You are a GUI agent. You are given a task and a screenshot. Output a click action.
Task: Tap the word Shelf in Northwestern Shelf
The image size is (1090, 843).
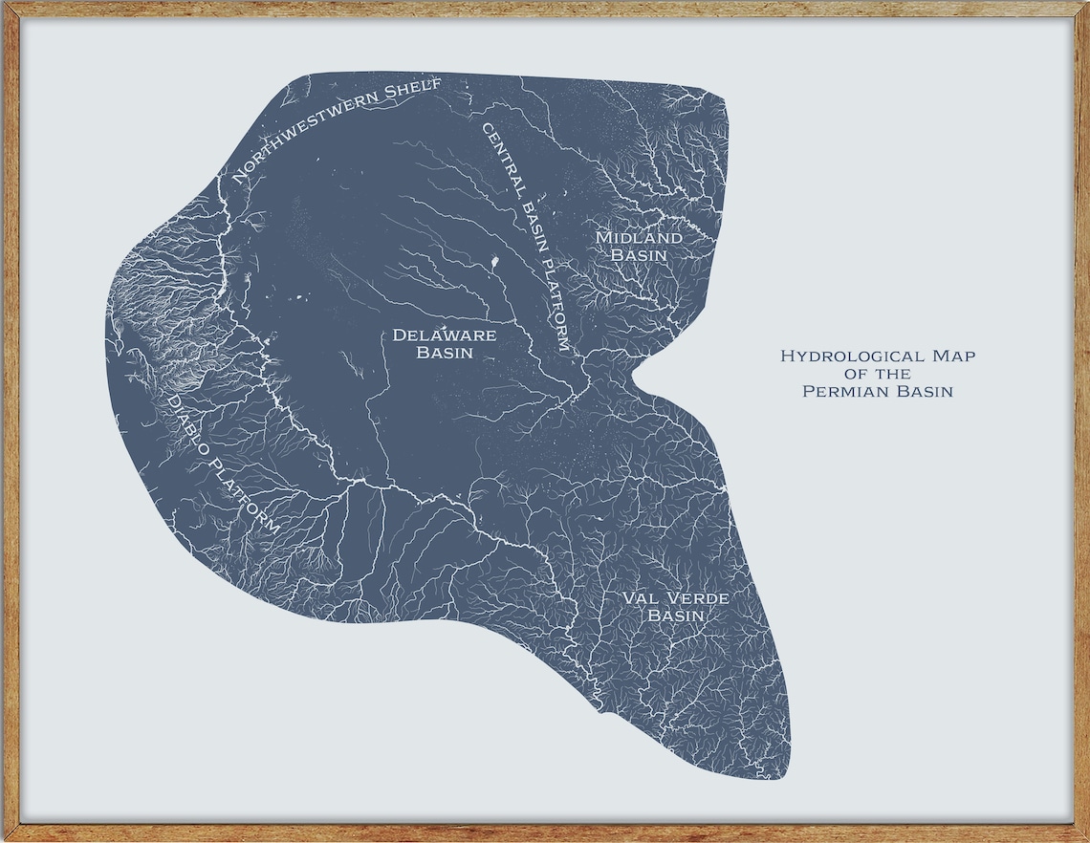(411, 91)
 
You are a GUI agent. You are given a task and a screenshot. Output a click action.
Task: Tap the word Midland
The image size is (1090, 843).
(639, 238)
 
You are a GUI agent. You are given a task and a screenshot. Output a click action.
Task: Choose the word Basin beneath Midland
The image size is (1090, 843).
(639, 255)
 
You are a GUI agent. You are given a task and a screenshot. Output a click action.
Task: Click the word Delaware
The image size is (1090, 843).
(445, 335)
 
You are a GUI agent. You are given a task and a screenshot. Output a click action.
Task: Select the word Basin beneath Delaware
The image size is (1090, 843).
(445, 353)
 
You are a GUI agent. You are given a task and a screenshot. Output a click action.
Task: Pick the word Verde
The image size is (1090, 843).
(695, 599)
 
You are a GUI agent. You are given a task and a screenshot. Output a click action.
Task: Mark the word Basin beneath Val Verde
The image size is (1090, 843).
(676, 616)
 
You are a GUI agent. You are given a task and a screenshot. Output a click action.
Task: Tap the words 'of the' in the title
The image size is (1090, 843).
(878, 374)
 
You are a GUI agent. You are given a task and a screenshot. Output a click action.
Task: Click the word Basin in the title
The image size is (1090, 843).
(920, 391)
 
